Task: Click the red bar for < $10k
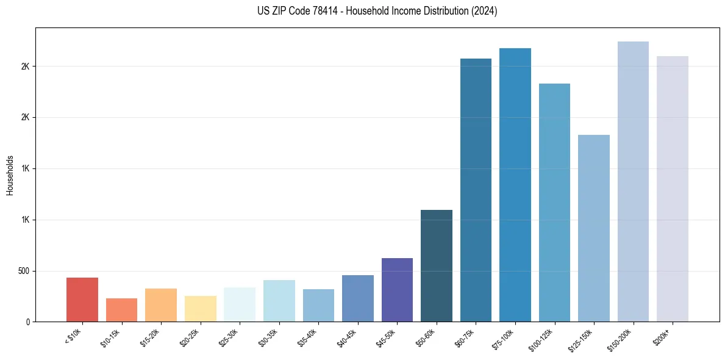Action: pos(82,300)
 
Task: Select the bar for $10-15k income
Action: pos(121,310)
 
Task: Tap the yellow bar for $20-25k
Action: pos(200,309)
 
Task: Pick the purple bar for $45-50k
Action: pos(397,290)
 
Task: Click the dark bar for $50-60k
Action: pos(437,266)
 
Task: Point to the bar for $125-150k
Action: pos(594,228)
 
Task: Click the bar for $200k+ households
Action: pos(673,189)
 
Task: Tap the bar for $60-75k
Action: pos(476,190)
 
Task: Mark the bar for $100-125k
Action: pos(554,203)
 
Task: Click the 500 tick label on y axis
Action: pos(24,271)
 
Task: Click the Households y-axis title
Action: pos(10,175)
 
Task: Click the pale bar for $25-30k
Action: pos(240,304)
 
